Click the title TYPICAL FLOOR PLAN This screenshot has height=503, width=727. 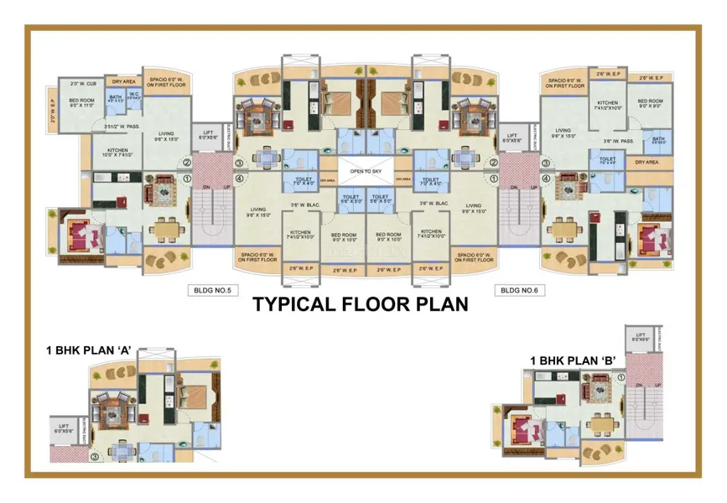point(361,303)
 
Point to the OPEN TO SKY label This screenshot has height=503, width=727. point(363,170)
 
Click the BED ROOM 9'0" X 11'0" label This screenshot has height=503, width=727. point(84,102)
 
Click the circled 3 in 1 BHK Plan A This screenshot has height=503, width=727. point(94,457)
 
